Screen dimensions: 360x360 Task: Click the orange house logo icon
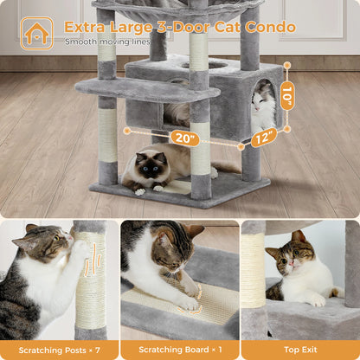36,33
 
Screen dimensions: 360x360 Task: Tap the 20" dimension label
183,138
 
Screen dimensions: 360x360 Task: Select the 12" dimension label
263,137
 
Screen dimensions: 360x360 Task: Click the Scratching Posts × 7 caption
60,350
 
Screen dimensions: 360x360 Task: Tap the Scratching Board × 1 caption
179,350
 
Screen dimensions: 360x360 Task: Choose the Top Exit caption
299,350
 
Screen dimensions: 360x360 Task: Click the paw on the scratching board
190,300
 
